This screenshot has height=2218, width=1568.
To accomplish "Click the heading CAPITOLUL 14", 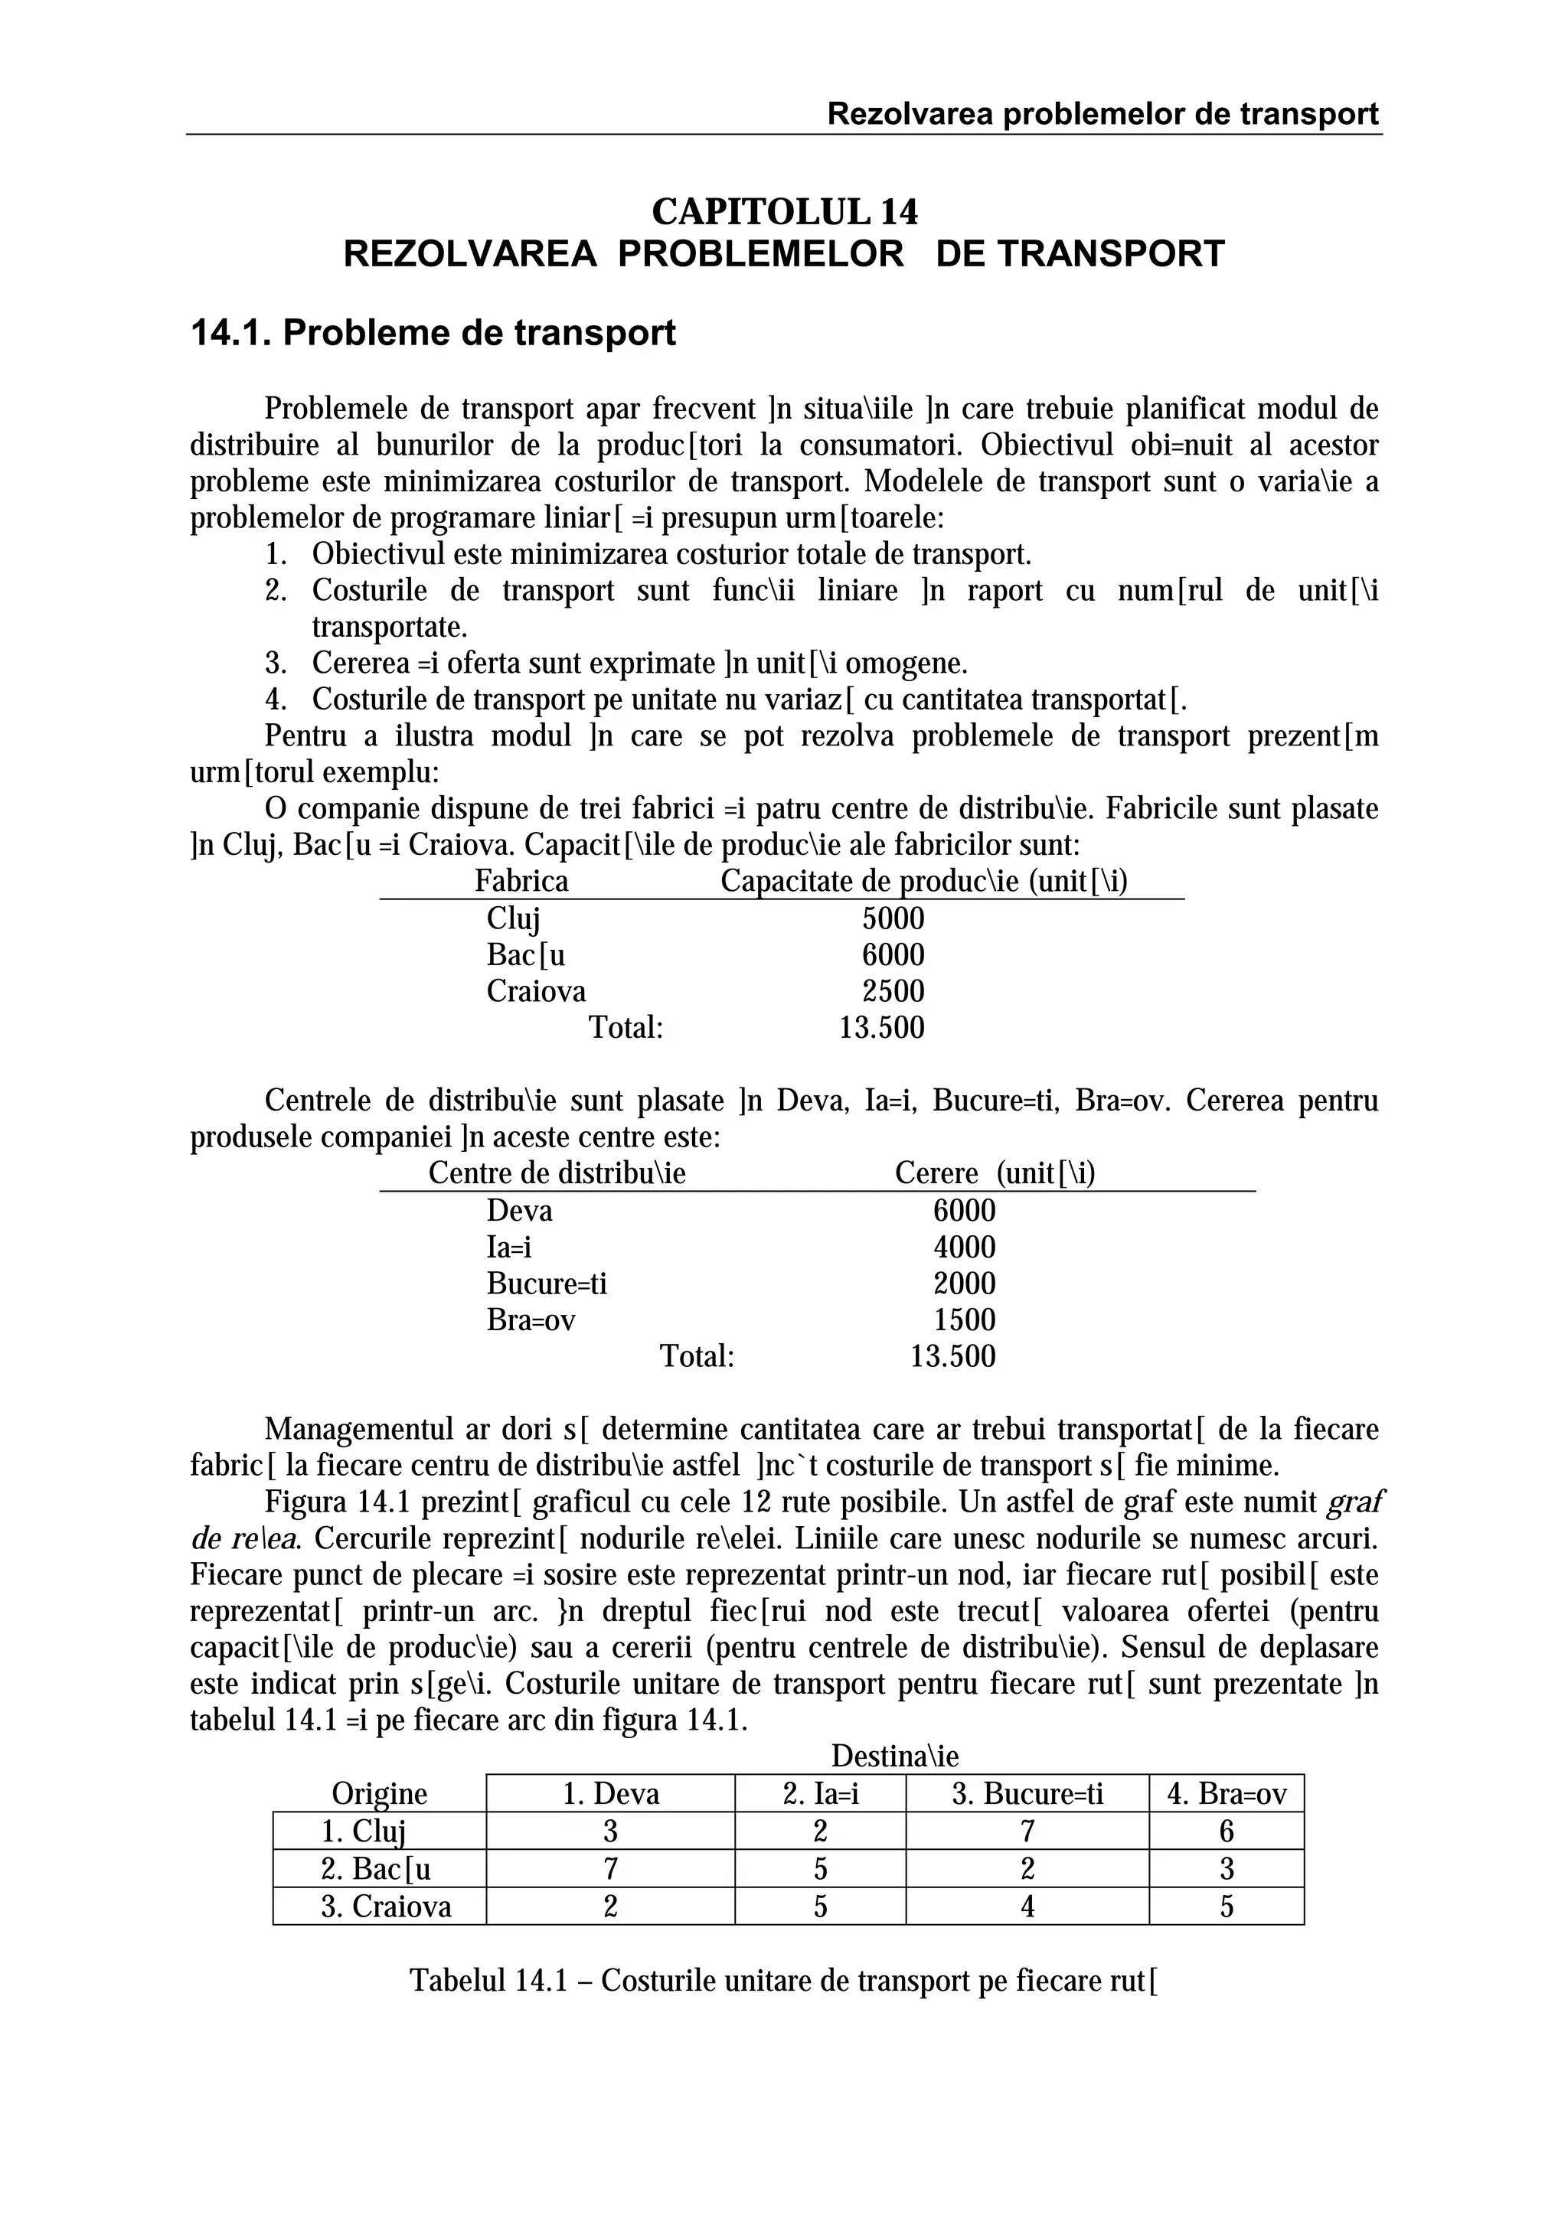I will coord(785,210).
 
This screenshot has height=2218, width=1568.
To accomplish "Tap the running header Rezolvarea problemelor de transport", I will coord(1102,114).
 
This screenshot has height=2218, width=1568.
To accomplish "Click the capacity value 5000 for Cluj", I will coord(893,918).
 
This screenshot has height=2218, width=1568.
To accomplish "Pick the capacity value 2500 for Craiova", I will coord(893,991).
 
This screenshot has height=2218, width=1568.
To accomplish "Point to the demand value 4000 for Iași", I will coord(963,1247).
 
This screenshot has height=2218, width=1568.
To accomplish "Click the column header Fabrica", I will coord(521,882).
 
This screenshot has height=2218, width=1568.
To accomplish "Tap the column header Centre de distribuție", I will coord(557,1174).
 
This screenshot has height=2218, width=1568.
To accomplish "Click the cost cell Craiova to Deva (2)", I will coord(609,1907).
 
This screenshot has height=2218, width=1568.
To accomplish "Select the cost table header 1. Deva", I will coord(610,1794).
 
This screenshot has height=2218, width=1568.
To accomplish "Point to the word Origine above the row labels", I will coord(380,1794).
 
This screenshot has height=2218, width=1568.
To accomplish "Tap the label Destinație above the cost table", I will coord(894,1756).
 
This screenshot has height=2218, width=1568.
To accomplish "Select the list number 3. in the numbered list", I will coord(276,664).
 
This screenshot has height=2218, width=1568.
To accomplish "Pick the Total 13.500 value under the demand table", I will coord(952,1356).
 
